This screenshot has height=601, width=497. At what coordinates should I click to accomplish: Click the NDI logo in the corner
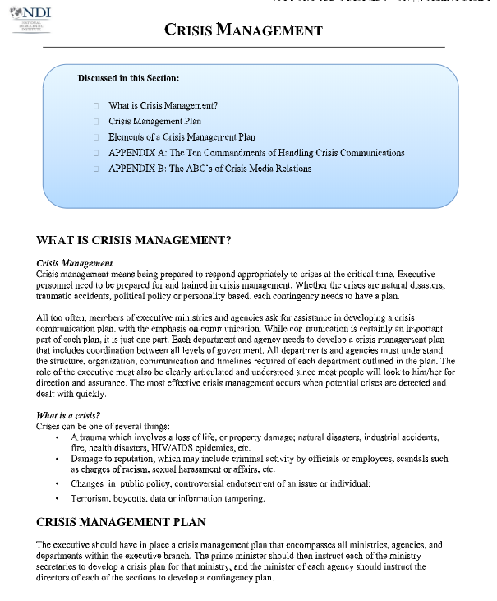click(31, 17)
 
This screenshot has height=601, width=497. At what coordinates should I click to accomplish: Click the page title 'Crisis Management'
click(243, 30)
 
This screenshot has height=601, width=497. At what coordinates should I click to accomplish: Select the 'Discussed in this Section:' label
click(128, 79)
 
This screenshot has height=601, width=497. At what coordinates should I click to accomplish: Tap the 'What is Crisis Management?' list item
click(163, 106)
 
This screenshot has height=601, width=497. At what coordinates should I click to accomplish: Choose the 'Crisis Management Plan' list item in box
click(154, 122)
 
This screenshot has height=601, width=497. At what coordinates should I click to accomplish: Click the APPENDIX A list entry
click(256, 153)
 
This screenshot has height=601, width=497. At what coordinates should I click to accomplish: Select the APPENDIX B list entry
click(209, 169)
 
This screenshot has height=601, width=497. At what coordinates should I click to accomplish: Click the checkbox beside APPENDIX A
click(96, 153)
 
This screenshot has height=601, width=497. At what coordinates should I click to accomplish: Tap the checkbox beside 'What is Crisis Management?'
click(96, 106)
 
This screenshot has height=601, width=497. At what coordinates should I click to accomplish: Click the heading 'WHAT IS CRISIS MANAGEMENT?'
click(134, 241)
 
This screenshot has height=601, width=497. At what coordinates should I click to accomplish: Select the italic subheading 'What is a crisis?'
click(68, 416)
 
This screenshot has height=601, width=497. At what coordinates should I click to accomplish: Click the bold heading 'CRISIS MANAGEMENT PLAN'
click(121, 522)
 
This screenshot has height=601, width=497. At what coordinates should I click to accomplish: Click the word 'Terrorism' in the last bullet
click(90, 499)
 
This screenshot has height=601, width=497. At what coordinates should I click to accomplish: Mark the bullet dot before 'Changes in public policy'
click(57, 484)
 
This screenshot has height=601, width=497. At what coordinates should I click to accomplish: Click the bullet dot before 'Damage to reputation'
click(57, 459)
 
